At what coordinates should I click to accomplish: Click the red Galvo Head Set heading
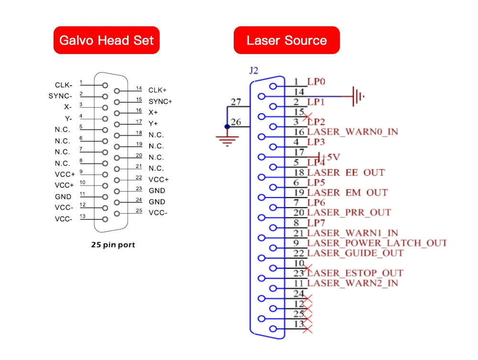tap(106, 40)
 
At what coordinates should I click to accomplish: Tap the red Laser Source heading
tap(286, 40)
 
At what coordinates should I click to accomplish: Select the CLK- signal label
tap(64, 85)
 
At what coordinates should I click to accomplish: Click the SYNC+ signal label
tap(160, 101)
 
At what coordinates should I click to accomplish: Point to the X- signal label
tap(68, 107)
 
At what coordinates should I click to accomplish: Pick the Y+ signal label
tap(153, 123)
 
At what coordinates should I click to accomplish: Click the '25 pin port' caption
tap(113, 245)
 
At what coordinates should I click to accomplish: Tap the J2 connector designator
tap(254, 71)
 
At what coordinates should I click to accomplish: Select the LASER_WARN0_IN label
tap(353, 132)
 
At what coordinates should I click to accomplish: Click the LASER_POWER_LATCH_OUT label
tap(377, 243)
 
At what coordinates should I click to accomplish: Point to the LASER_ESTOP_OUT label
tap(355, 273)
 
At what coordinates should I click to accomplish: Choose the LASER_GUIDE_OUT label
tap(355, 253)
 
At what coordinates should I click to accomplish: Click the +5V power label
tap(331, 157)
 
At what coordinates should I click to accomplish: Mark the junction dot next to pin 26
tap(227, 127)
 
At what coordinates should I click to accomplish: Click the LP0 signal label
tap(316, 82)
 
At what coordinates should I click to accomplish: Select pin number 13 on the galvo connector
tap(82, 216)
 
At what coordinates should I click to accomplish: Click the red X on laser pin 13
tap(308, 328)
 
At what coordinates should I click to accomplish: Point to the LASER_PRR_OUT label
tap(349, 212)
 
